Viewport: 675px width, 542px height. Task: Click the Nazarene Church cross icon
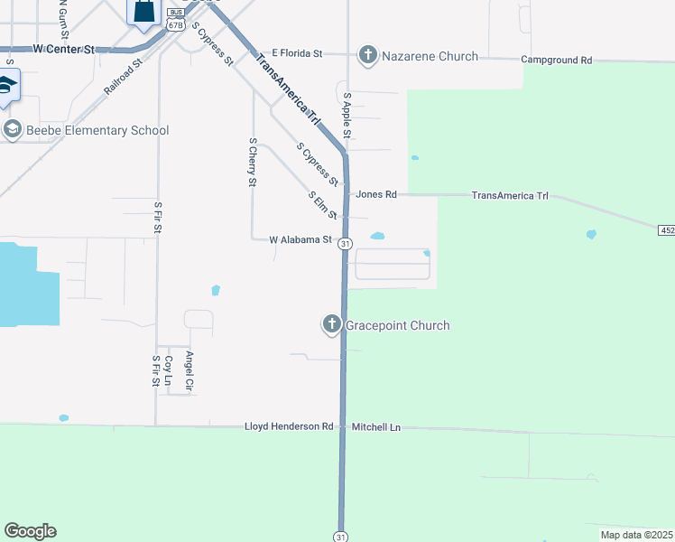367,56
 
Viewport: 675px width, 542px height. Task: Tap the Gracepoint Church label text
398,325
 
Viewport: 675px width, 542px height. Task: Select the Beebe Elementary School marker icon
12,130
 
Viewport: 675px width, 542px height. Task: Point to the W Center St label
63,48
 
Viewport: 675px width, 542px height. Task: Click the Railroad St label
124,79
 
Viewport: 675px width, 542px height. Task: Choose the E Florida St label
298,54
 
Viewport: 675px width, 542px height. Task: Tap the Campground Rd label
556,60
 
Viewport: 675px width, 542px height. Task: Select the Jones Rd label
376,194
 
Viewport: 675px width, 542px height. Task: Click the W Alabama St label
301,239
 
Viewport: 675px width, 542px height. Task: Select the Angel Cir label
189,372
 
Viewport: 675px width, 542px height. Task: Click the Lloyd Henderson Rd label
290,426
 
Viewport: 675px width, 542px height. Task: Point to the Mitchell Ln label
375,426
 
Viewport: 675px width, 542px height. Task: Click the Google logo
30,531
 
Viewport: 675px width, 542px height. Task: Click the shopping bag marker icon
143,11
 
